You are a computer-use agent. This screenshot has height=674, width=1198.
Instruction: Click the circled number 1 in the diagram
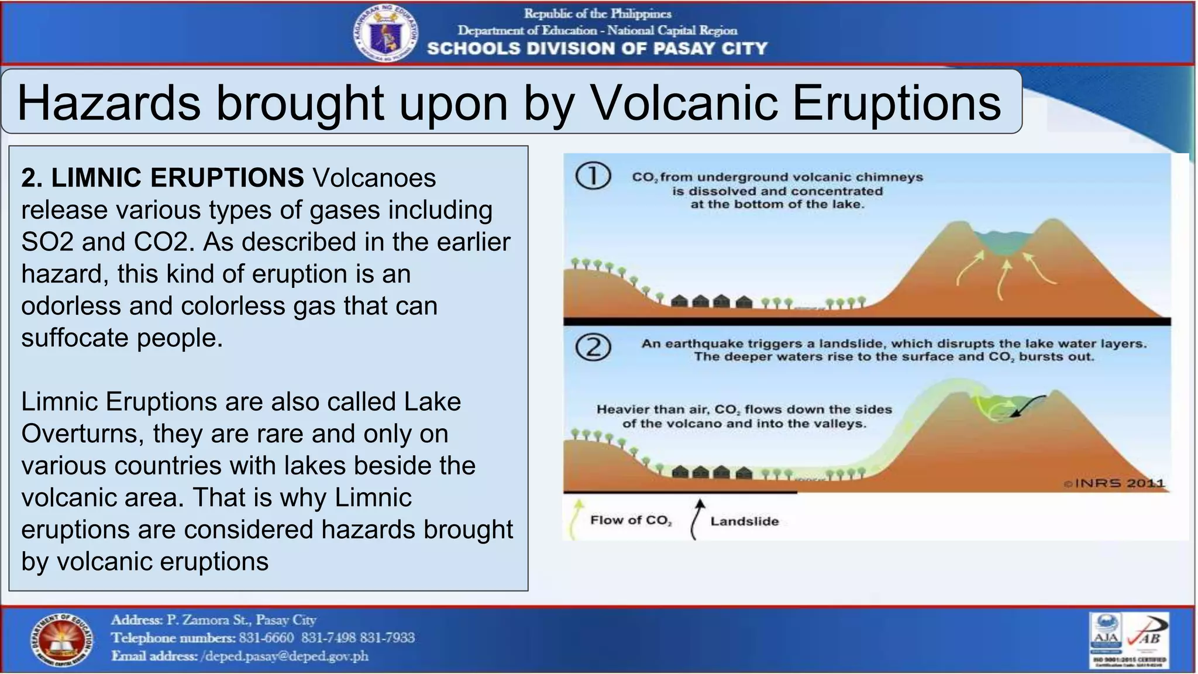pyautogui.click(x=593, y=176)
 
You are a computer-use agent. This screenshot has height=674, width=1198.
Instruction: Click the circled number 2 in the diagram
pyautogui.click(x=593, y=348)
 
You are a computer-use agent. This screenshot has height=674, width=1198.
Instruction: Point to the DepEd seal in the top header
pyautogui.click(x=385, y=33)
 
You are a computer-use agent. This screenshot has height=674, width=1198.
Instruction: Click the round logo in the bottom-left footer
pyautogui.click(x=61, y=641)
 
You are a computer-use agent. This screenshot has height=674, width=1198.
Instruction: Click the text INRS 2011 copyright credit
pyautogui.click(x=1114, y=483)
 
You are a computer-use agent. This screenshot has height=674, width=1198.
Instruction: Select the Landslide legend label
pyautogui.click(x=744, y=521)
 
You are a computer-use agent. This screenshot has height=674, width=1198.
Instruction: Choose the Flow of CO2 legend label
pyautogui.click(x=631, y=520)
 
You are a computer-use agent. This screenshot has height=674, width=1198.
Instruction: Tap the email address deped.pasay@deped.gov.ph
pyautogui.click(x=285, y=656)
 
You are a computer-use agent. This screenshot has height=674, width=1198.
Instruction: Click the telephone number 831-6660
pyautogui.click(x=266, y=637)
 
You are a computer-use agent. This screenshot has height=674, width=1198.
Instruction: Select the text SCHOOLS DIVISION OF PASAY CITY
pyautogui.click(x=597, y=49)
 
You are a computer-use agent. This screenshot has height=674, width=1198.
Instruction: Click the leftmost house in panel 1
pyautogui.click(x=679, y=301)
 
